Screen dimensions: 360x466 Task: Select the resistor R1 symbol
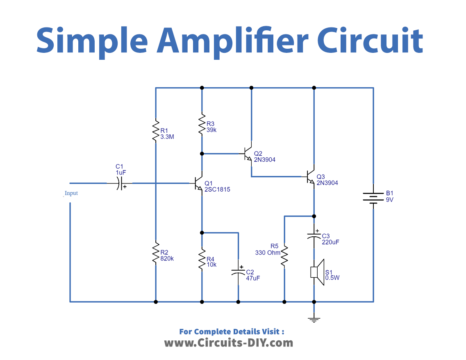pos(156,131)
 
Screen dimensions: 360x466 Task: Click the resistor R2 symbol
pos(156,255)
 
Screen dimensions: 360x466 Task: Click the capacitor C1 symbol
pos(122,184)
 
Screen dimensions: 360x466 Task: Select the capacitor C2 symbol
pos(238,272)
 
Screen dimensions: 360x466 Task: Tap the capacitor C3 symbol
pos(314,238)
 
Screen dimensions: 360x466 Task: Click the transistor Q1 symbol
pos(197,184)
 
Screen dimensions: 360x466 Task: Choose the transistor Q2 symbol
pos(247,155)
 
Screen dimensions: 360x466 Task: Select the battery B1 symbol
pos(374,196)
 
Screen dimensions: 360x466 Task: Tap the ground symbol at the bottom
pos(314,317)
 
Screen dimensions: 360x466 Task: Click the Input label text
pos(71,193)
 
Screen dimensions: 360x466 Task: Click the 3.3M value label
pos(169,136)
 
